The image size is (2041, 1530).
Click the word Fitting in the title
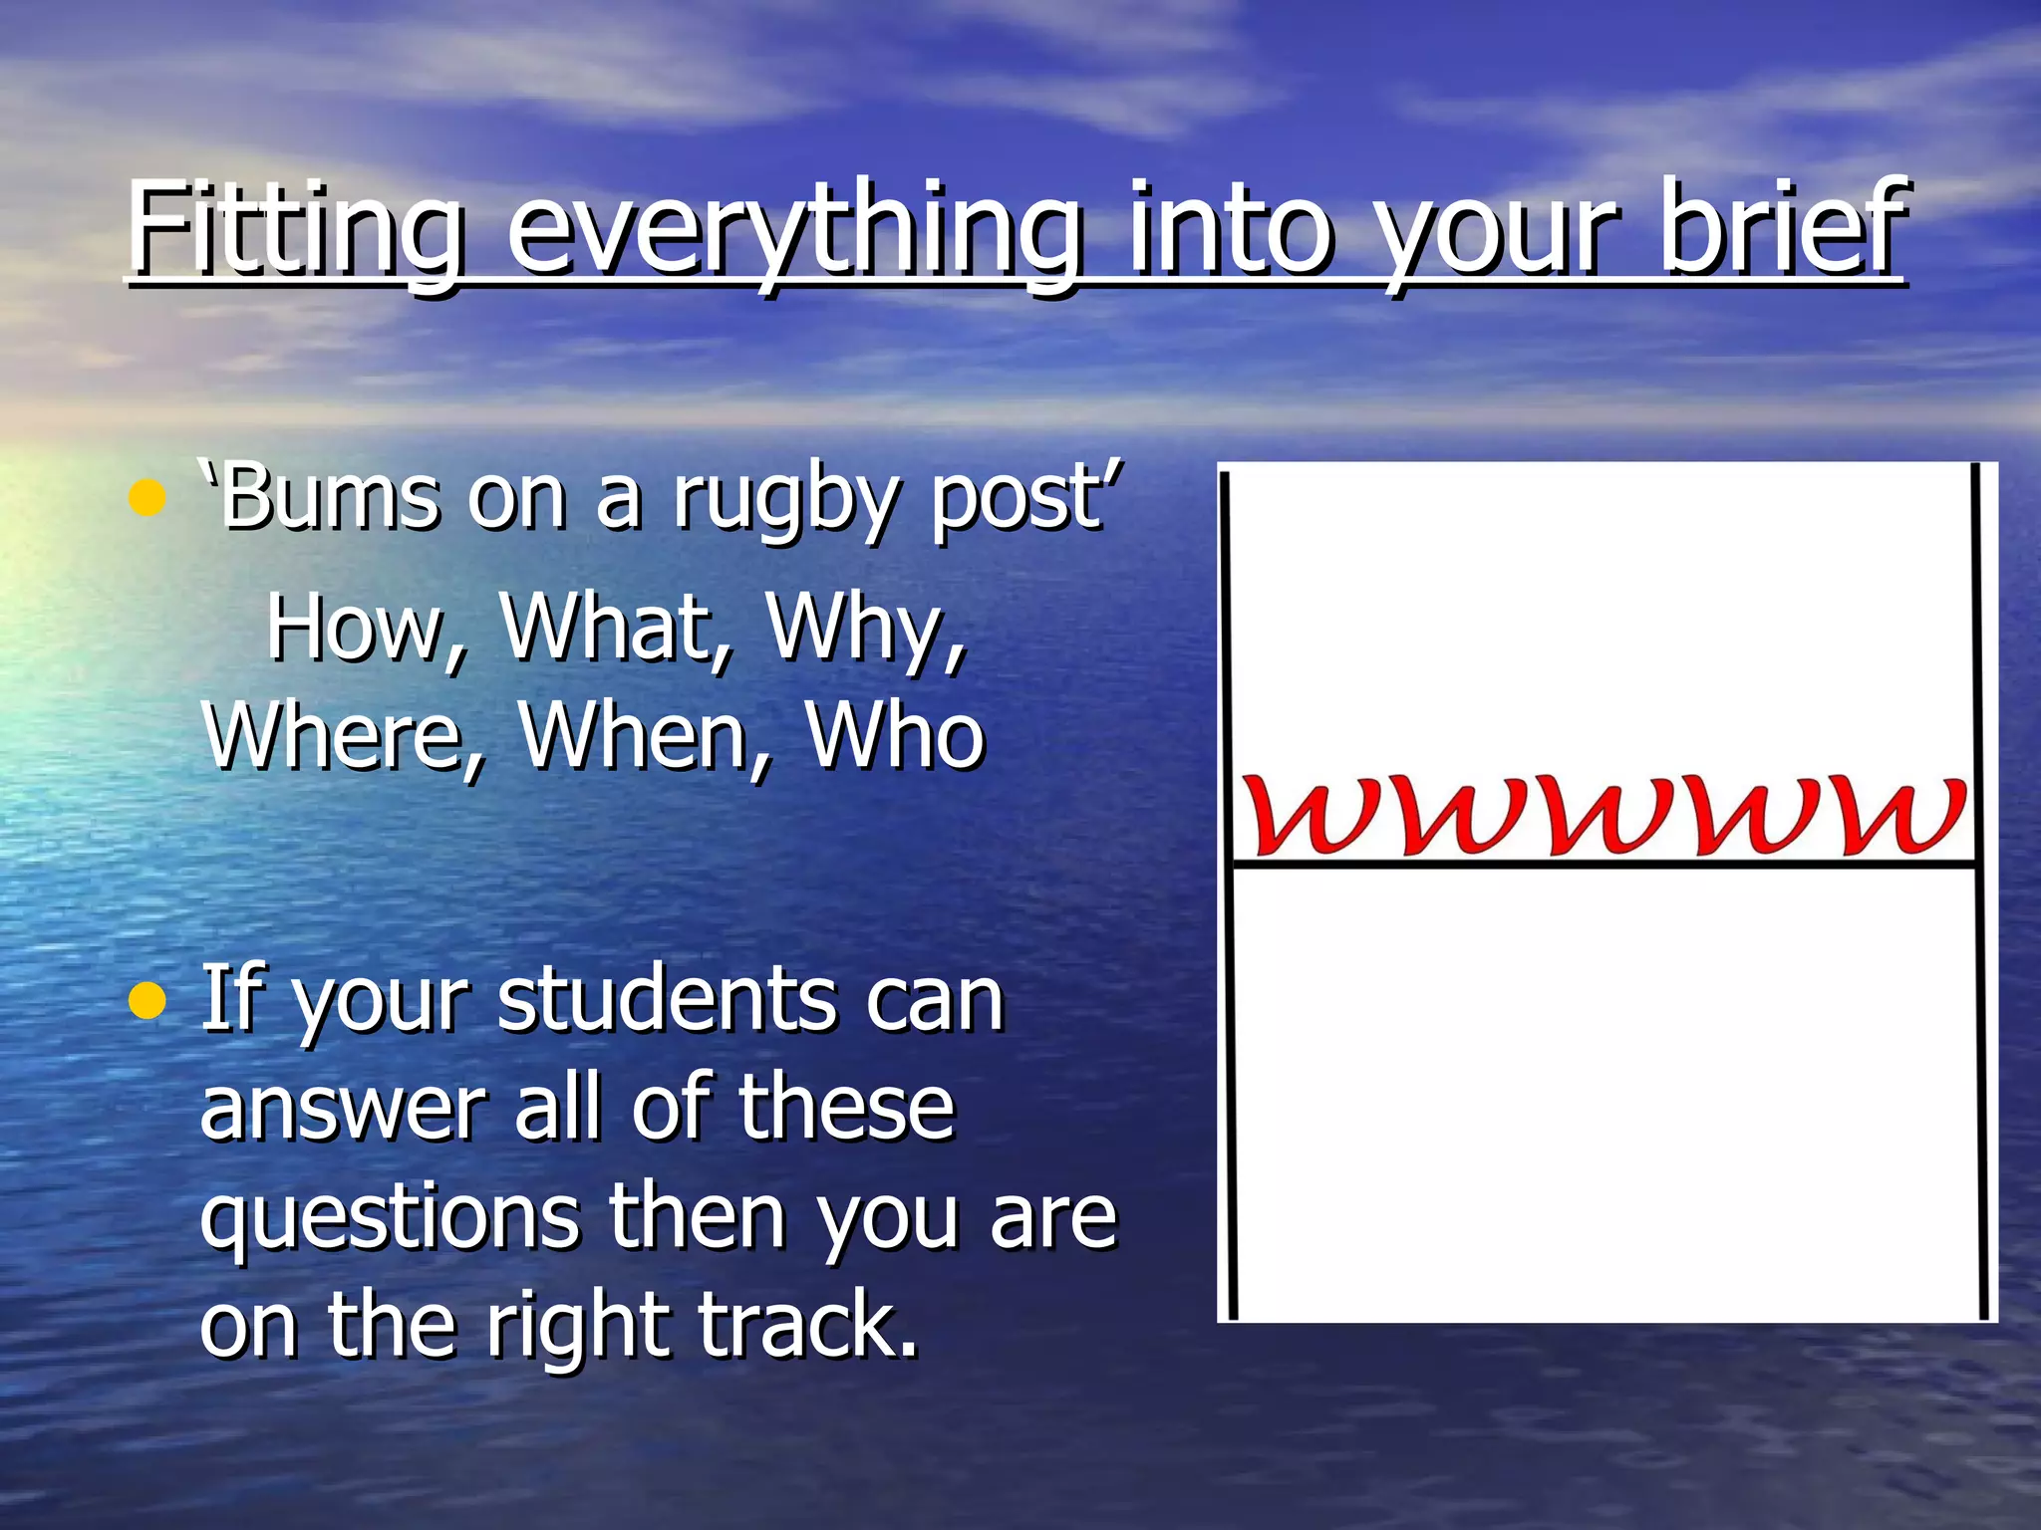pyautogui.click(x=295, y=231)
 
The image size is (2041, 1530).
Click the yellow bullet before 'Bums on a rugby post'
pyautogui.click(x=146, y=497)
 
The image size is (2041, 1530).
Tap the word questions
pyautogui.click(x=390, y=1217)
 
